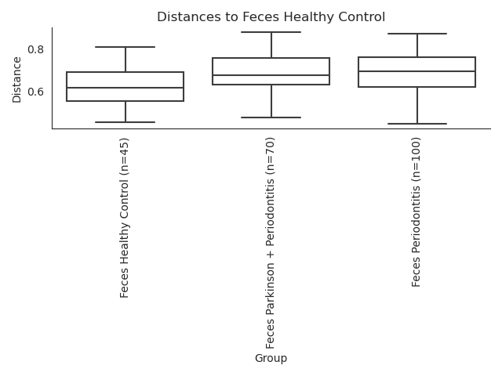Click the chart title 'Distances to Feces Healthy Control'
tap(271, 16)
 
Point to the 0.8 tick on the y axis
tap(35, 49)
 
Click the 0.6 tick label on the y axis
tap(35, 92)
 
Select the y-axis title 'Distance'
tap(16, 80)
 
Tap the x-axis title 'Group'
tap(271, 358)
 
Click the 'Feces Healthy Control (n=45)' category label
tap(124, 218)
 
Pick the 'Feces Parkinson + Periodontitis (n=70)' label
tap(270, 243)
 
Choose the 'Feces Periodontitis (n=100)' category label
tap(416, 212)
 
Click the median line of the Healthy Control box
tap(125, 88)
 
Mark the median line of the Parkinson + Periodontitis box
tap(271, 75)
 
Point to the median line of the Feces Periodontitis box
tap(417, 71)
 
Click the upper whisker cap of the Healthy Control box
tap(125, 47)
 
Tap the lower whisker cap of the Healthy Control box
tap(125, 122)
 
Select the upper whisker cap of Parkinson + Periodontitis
tap(271, 32)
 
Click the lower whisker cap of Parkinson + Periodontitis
tap(271, 117)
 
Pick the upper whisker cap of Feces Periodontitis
tap(417, 34)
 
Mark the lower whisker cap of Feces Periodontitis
tap(417, 124)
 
